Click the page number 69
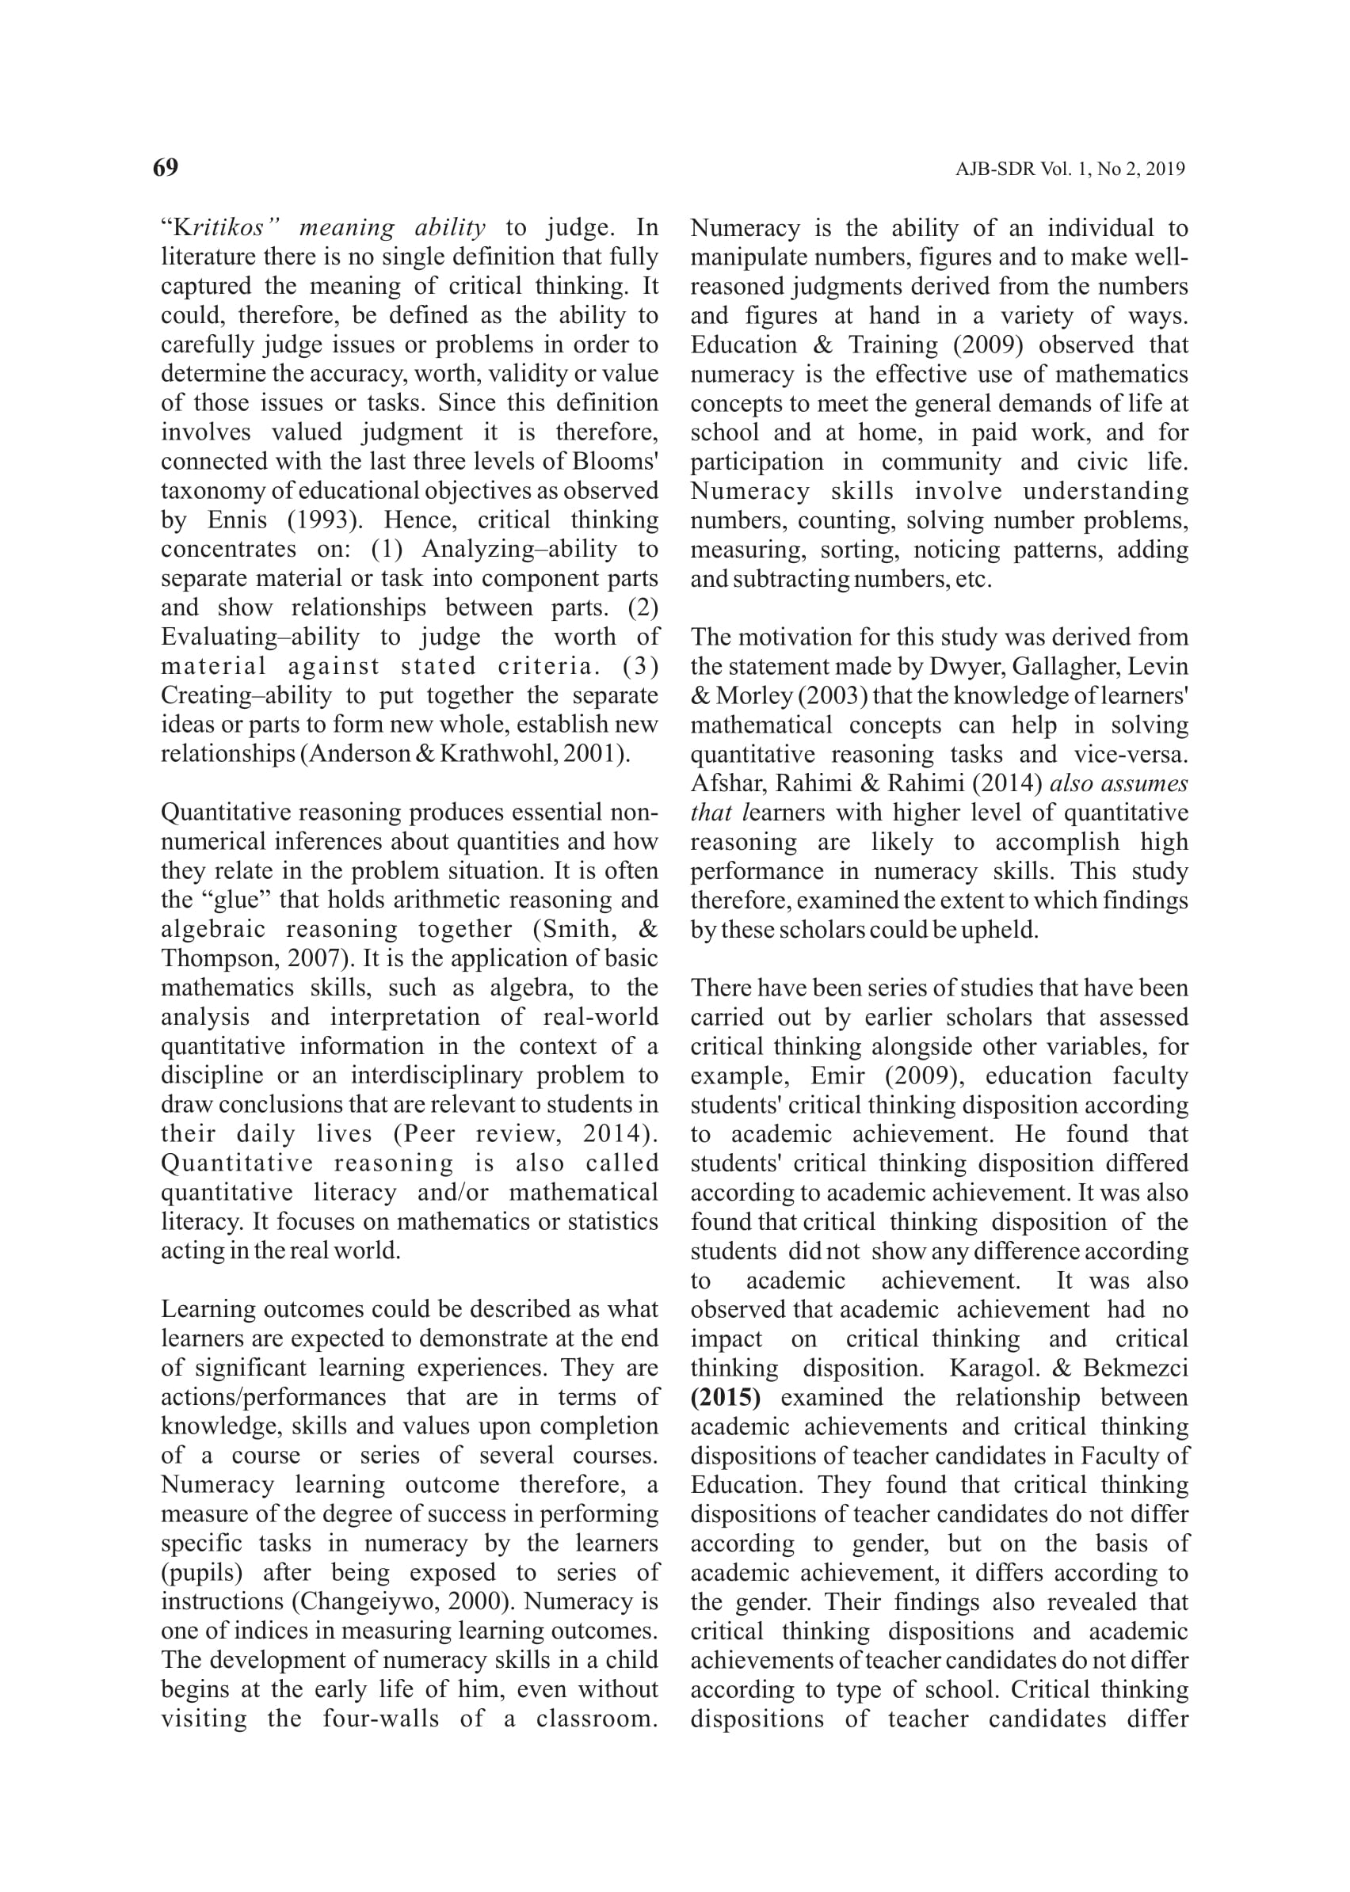166,167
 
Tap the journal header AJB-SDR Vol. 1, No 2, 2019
1070,169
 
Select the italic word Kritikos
219,227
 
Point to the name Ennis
238,520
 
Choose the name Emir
838,1076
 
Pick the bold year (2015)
725,1398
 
